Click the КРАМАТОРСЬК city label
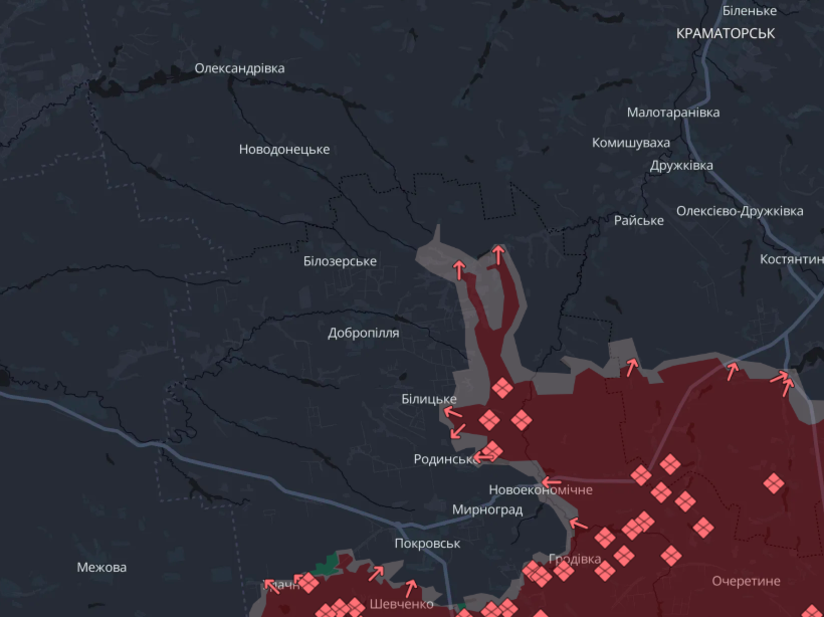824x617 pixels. [x=725, y=34]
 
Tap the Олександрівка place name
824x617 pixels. [x=239, y=69]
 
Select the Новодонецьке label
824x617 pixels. [x=284, y=149]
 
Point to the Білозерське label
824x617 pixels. [x=340, y=261]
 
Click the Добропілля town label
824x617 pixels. [x=363, y=333]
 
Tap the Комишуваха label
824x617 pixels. [x=631, y=143]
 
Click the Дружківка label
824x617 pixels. [x=681, y=165]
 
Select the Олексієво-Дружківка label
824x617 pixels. [x=739, y=211]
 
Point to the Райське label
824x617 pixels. [x=639, y=220]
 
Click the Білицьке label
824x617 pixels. [x=429, y=399]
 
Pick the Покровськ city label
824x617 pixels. [x=427, y=543]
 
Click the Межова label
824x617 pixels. [x=102, y=567]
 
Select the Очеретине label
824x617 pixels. [x=746, y=581]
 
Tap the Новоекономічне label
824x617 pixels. [x=540, y=490]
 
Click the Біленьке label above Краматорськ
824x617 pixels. [x=750, y=11]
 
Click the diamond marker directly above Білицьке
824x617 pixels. [x=502, y=388]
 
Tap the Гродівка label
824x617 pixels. [x=575, y=559]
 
